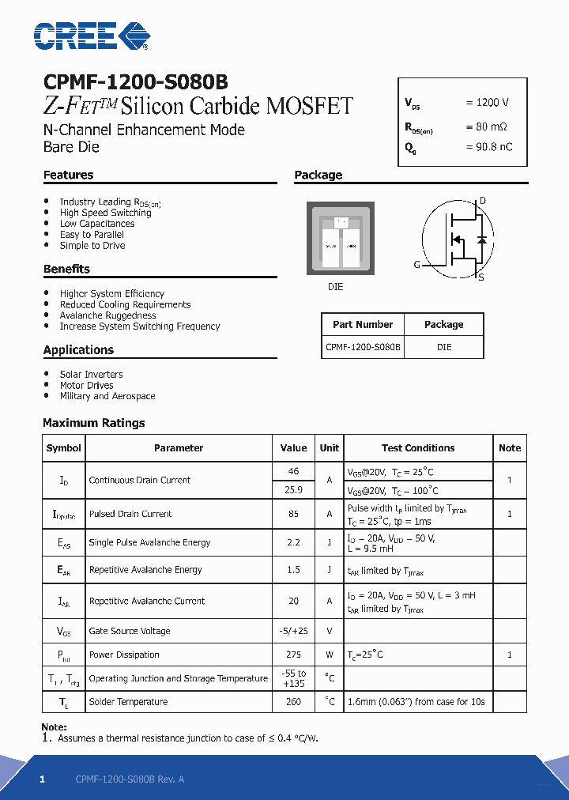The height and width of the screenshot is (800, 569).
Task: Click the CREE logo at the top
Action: [91, 36]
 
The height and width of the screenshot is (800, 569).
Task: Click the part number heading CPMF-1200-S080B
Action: [136, 83]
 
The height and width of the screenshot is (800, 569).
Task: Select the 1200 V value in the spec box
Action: [487, 103]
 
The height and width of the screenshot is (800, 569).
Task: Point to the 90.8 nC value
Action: [488, 147]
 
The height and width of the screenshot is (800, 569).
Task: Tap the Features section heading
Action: [69, 175]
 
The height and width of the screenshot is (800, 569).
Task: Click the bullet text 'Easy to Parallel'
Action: [92, 235]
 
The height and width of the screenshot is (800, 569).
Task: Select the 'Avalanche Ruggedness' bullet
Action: [107, 315]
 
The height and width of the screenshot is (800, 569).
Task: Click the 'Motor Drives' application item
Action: [87, 386]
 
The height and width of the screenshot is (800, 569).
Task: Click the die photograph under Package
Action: [341, 238]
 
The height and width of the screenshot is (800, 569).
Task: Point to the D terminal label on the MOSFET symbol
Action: [483, 200]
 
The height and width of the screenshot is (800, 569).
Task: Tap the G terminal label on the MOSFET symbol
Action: [416, 265]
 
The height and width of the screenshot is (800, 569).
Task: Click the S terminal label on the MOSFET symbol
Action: [481, 277]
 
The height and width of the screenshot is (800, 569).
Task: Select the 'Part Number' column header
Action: [363, 325]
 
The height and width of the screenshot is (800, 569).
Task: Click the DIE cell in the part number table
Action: [444, 347]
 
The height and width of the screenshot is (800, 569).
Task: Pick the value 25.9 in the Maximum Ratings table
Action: [293, 490]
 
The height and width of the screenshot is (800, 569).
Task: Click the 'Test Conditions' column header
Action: [418, 448]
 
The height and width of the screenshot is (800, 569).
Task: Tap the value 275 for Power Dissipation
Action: [293, 655]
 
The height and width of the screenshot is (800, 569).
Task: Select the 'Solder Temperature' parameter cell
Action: [128, 702]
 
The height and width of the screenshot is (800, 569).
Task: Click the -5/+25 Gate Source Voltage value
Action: [293, 631]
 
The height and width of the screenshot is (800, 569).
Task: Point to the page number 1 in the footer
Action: [43, 779]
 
